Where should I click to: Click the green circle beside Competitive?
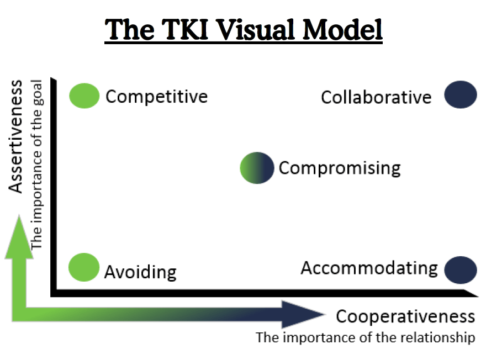coord(84,96)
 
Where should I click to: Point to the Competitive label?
coord(157,97)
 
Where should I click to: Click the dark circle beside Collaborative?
coord(461,94)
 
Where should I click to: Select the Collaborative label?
coord(376,98)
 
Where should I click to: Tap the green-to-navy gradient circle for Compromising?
coord(257,167)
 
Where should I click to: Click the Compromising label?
coord(340,168)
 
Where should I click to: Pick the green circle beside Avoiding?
coord(83,267)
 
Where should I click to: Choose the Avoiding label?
coord(140,272)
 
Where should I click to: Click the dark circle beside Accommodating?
coord(461,270)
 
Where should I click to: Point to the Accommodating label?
coord(369,268)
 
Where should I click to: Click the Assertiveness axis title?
coord(17,136)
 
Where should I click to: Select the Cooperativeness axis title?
coord(405,316)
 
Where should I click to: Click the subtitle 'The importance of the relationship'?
coord(365,337)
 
